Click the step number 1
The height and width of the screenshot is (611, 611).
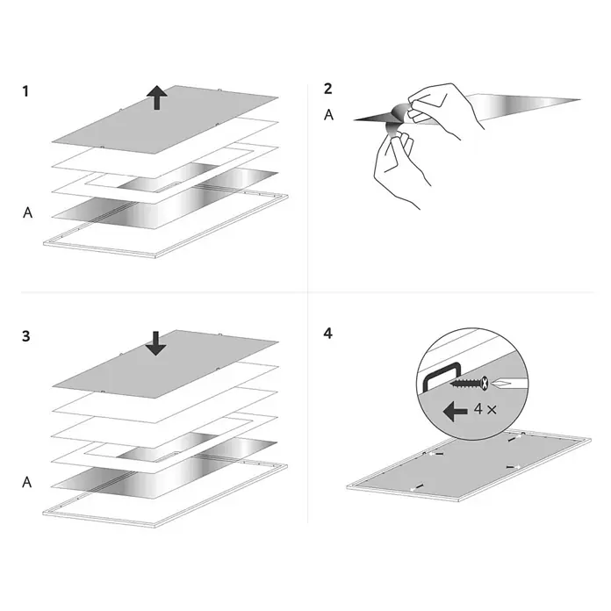click(25, 91)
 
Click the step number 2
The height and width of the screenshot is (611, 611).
click(328, 89)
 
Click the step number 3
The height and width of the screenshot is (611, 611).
click(26, 336)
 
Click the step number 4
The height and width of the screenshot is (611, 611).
click(328, 334)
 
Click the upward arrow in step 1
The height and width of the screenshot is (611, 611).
click(157, 97)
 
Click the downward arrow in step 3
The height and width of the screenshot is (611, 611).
click(156, 343)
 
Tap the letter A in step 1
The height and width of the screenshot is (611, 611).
click(28, 212)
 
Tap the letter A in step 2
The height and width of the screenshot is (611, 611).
click(329, 115)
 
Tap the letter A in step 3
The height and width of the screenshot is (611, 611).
click(27, 483)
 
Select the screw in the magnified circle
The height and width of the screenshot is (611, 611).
click(469, 384)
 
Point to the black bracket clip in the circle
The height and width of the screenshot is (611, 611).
click(442, 376)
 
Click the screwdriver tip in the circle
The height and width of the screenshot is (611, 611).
click(501, 384)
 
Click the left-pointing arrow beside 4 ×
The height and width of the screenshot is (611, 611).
click(456, 412)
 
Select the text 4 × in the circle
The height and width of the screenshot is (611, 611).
click(485, 409)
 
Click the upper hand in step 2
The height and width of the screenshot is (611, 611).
click(444, 108)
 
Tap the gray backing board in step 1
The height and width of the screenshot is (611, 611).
click(165, 119)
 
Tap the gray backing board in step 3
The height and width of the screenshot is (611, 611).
click(165, 364)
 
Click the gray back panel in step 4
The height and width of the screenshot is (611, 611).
click(468, 465)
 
